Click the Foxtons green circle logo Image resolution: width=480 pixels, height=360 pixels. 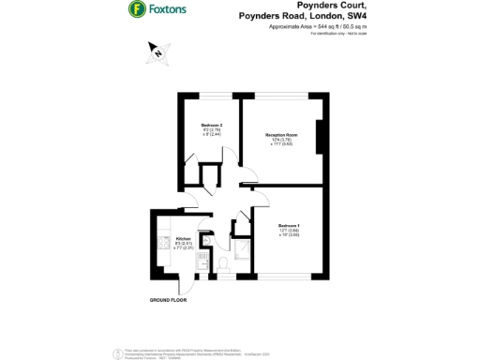pos(136,10)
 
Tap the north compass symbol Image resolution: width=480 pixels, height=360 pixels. pos(159,53)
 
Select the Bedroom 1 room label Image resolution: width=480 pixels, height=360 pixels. pos(288,225)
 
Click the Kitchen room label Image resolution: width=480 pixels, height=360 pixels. pos(183,238)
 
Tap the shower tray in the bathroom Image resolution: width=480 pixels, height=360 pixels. pos(242,247)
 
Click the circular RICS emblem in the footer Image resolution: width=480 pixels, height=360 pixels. pos(116,352)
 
